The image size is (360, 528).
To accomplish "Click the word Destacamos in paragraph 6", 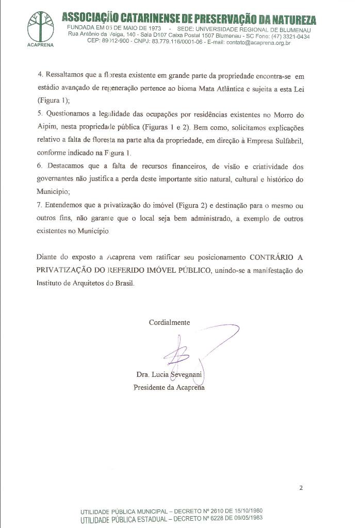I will (68, 166).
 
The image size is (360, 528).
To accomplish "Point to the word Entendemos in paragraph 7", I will (67, 205).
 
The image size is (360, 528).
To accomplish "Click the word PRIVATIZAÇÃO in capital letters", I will (67, 270).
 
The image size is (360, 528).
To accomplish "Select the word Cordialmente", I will (169, 323).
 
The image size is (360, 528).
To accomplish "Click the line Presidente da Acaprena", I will (169, 387).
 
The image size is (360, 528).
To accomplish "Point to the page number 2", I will (301, 488).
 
